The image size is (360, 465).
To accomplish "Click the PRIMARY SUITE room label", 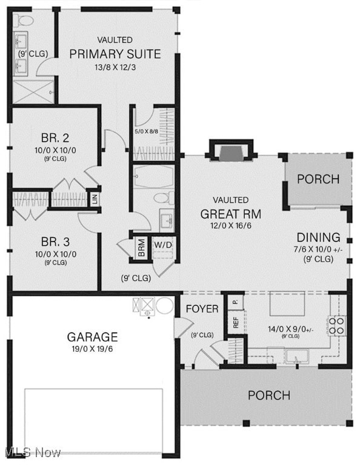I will [115, 54].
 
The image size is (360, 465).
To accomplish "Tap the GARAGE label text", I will [92, 337].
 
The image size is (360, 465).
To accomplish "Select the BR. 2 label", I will [55, 137].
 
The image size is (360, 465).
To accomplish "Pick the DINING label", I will [318, 237].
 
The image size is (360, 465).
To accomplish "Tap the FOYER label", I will [202, 309].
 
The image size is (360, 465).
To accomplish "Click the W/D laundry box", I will [162, 245].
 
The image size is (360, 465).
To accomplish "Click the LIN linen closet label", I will [95, 199].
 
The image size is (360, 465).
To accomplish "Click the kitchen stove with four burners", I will [337, 325].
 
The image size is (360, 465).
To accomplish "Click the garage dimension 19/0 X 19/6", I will [92, 349].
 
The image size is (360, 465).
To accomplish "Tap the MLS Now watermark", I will [32, 452].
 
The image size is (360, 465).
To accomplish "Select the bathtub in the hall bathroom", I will [153, 177].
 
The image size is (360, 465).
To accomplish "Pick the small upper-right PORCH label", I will [318, 180].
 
